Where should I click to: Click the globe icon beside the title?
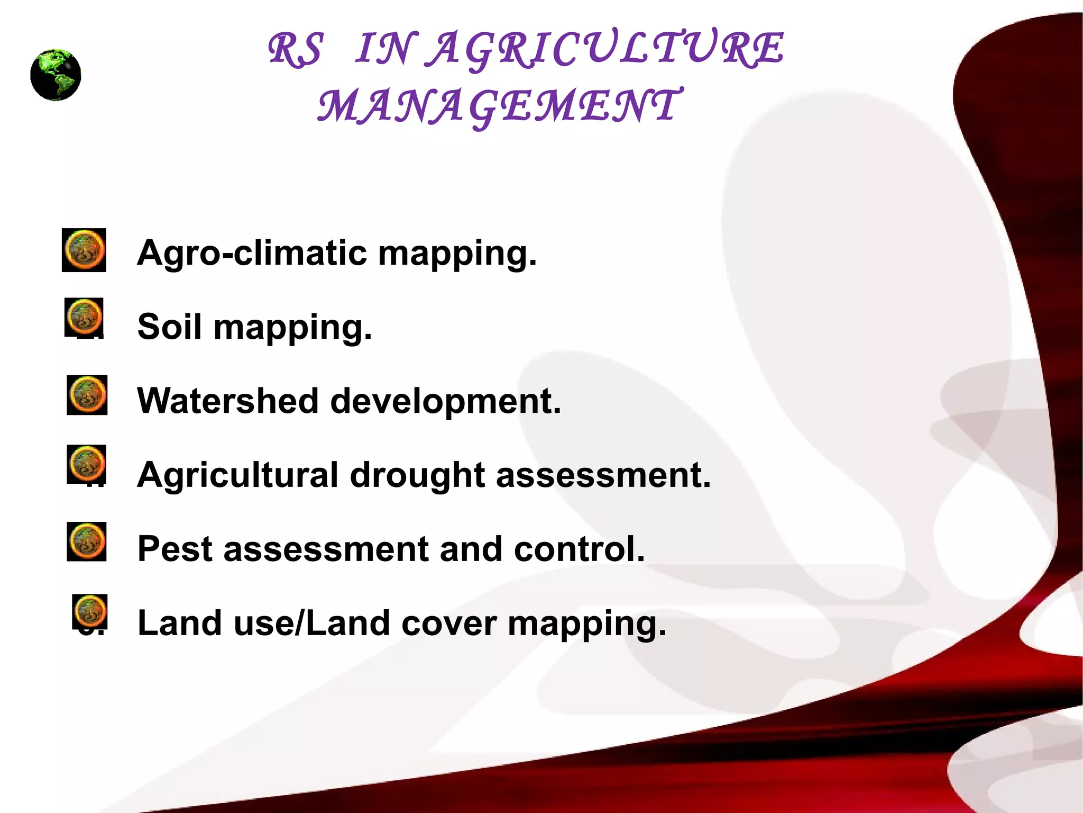point(56,75)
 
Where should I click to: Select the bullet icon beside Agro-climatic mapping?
point(84,250)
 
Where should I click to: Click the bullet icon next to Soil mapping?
point(84,317)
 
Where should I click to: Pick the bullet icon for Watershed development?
point(87,395)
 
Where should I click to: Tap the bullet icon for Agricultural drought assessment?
point(87,464)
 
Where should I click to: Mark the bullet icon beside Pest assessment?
point(87,541)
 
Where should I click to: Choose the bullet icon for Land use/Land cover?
point(90,611)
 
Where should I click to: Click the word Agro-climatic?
point(252,253)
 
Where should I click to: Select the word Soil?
point(169,327)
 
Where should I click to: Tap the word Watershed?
point(227,401)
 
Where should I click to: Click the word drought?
point(417,476)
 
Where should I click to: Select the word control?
point(579,549)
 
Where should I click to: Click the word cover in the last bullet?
point(449,624)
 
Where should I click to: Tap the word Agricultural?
point(237,476)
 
